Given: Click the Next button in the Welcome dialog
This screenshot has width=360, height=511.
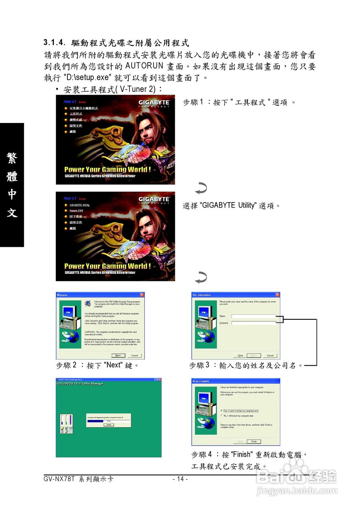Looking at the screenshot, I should click(x=118, y=355).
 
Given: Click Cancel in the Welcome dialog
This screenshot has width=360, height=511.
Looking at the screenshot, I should click(x=135, y=355).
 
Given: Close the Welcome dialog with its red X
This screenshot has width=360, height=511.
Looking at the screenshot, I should click(x=142, y=295).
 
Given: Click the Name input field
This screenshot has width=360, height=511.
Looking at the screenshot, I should click(x=254, y=316).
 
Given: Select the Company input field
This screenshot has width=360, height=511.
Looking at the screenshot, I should click(x=254, y=323).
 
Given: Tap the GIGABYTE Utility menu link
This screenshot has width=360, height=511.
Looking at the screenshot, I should click(x=79, y=205).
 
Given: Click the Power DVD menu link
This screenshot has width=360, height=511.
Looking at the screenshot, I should click(x=76, y=210).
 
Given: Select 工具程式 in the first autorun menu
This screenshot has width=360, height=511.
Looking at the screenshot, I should click(x=76, y=114).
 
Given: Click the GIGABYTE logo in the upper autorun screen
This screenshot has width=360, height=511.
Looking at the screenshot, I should click(x=154, y=103).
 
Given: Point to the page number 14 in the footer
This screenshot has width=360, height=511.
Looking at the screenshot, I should click(x=180, y=479).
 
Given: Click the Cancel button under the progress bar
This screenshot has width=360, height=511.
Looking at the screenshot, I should click(x=108, y=425).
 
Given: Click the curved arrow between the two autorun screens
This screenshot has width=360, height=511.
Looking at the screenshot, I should click(x=201, y=188).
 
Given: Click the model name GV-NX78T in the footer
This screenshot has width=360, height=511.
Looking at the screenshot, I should click(x=59, y=479).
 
